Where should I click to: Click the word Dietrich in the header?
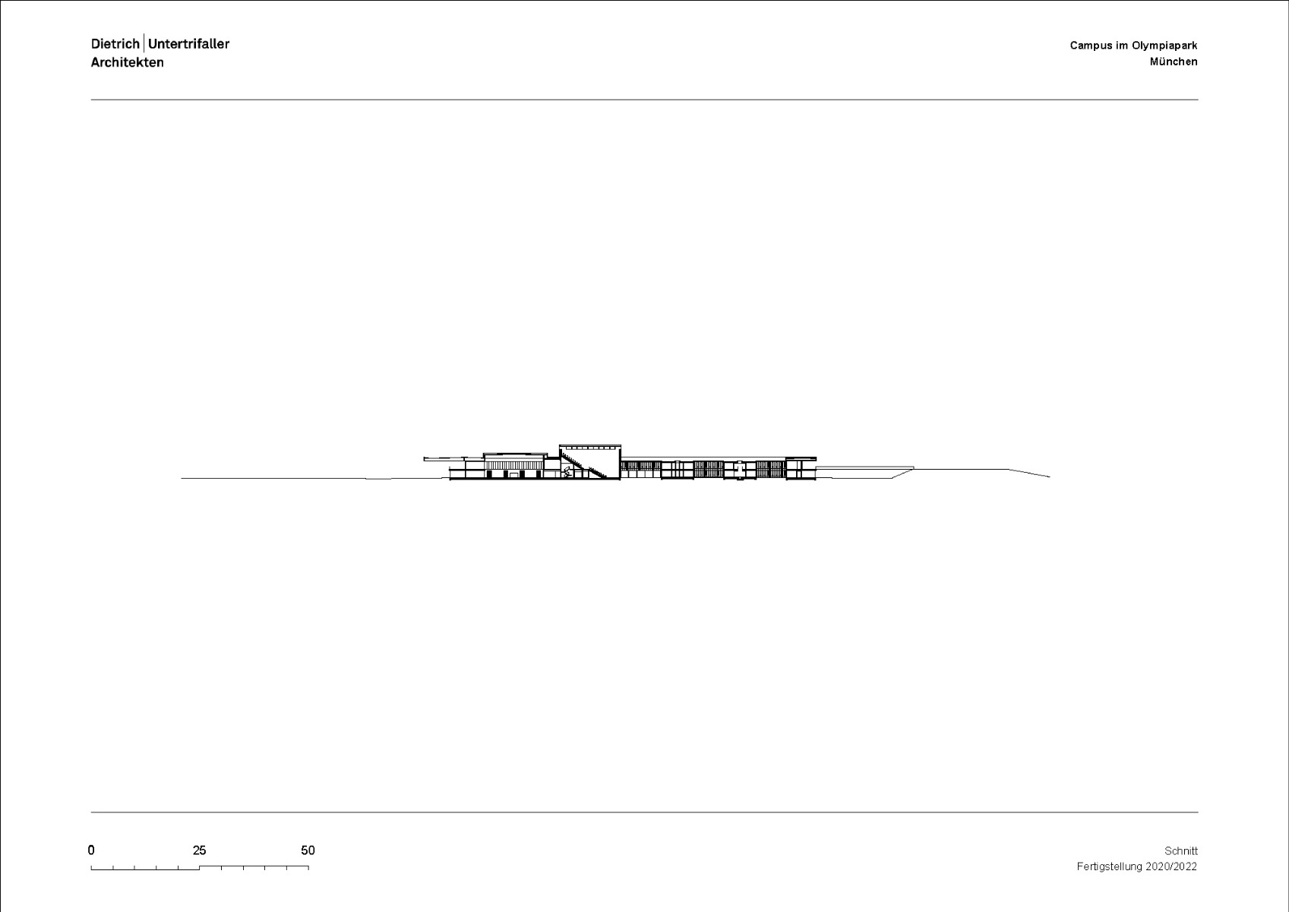(x=115, y=44)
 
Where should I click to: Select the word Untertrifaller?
(x=188, y=44)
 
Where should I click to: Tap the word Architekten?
(x=127, y=62)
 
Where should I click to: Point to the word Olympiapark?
(x=1164, y=46)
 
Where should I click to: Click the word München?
(x=1174, y=62)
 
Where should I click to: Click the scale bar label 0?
(x=91, y=850)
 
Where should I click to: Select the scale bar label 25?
(x=199, y=850)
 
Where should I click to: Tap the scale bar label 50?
(x=308, y=850)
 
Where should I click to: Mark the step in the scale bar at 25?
(x=199, y=867)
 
